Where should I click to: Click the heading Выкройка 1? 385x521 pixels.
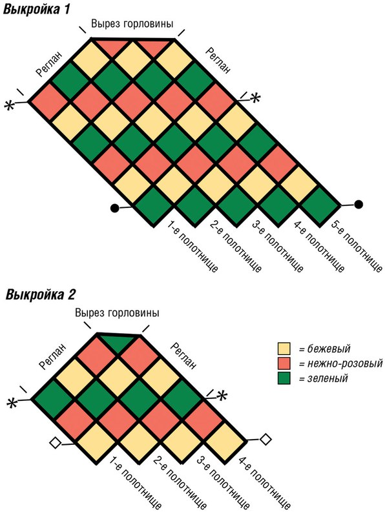(37, 8)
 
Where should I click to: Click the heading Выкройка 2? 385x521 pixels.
(41, 294)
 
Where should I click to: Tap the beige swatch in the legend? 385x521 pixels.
(284, 349)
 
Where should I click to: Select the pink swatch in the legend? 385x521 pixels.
(284, 363)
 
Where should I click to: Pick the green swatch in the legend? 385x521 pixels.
(284, 378)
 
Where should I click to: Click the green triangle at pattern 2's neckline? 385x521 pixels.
(118, 342)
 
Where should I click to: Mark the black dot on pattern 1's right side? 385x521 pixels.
(359, 204)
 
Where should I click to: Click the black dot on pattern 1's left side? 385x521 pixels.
(114, 208)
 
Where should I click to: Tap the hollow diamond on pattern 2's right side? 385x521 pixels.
(265, 439)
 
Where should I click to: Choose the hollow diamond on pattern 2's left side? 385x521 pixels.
(55, 444)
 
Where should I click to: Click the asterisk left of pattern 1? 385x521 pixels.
(10, 106)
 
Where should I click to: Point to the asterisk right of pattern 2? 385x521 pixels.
(222, 396)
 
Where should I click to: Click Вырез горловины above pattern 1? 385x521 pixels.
(132, 24)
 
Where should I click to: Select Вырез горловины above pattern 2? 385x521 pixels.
(117, 313)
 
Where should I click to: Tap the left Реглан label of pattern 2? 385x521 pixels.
(52, 356)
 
